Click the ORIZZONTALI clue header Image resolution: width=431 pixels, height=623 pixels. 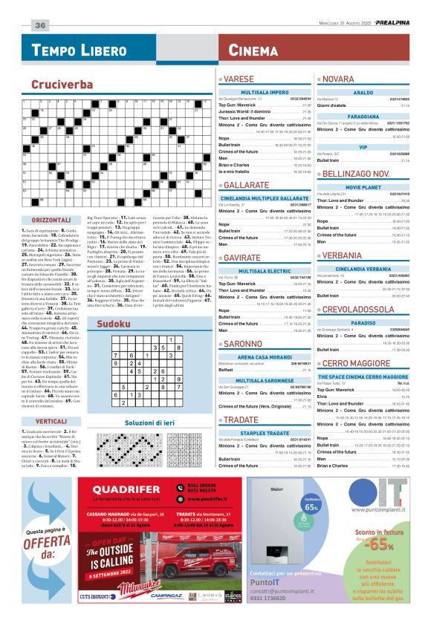(x=51, y=199)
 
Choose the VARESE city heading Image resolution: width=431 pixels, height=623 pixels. (x=239, y=78)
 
